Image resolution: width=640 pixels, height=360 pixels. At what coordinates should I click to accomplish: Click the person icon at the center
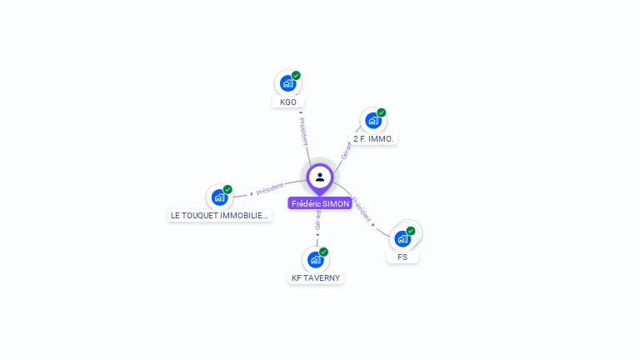(x=320, y=177)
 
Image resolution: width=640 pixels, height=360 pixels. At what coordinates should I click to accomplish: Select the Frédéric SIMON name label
(x=320, y=203)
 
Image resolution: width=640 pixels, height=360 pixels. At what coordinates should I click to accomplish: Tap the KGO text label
(x=287, y=102)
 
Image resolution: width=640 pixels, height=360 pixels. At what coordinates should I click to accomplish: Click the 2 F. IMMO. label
(x=373, y=139)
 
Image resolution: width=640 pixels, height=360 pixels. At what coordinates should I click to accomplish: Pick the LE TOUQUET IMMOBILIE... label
(x=220, y=215)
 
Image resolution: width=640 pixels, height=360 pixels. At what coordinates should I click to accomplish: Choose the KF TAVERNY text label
(x=316, y=277)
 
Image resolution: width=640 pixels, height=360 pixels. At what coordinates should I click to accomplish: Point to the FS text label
(x=402, y=257)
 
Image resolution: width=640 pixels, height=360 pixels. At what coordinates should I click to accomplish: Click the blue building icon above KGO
(x=287, y=83)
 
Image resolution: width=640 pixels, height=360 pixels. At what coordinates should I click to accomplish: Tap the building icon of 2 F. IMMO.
(x=373, y=121)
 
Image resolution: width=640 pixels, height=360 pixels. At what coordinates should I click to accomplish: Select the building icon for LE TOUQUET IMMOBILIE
(x=219, y=197)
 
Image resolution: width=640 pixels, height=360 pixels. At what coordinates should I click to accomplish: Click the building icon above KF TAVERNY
(x=315, y=259)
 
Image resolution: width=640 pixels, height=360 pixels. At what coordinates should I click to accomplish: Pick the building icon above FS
(x=402, y=239)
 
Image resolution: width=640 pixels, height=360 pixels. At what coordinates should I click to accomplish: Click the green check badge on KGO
(x=296, y=75)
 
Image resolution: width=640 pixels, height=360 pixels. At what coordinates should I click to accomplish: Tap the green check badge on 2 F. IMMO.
(x=382, y=112)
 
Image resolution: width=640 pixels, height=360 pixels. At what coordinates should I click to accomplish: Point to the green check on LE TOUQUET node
(x=227, y=189)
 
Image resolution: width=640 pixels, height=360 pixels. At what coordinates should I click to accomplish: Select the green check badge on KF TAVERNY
(x=323, y=252)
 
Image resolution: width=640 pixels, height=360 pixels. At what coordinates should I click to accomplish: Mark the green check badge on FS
(x=411, y=231)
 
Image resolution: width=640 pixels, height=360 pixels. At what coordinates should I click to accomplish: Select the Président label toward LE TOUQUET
(x=269, y=189)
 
